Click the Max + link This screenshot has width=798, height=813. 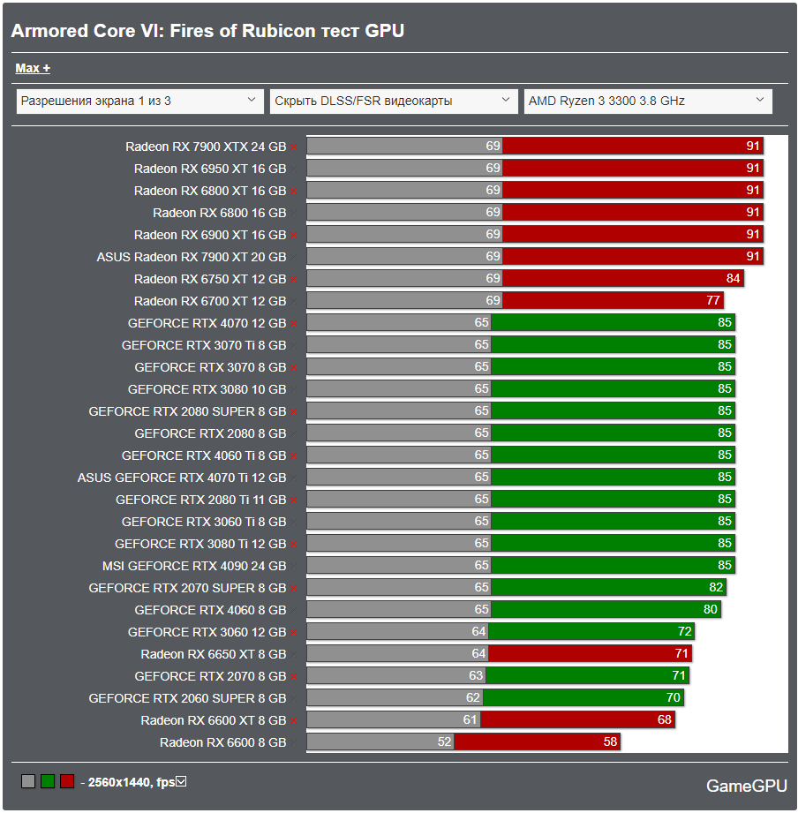[x=33, y=68]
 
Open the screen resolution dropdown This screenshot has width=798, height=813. [x=139, y=101]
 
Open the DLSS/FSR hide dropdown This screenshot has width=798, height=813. [x=393, y=101]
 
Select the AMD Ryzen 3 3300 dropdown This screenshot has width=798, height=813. [x=647, y=101]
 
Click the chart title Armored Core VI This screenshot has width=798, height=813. [x=207, y=31]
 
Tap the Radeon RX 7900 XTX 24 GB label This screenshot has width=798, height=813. [x=206, y=147]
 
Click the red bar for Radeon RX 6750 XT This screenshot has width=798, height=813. [x=622, y=279]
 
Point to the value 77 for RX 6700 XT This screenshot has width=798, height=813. [x=713, y=301]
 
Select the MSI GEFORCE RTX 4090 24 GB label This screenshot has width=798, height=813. [x=194, y=566]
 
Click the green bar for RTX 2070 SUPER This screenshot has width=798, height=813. [x=608, y=588]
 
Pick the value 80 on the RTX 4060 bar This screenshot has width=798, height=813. [x=711, y=610]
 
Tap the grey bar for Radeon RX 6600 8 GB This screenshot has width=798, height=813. [x=380, y=742]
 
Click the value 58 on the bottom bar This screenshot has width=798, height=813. [x=610, y=742]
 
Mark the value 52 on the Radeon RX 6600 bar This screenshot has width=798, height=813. [x=444, y=742]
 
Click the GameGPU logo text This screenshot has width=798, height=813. [x=747, y=786]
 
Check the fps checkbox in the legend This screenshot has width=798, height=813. [x=182, y=781]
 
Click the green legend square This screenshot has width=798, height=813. [x=48, y=781]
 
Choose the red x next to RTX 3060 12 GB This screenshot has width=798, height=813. [x=293, y=633]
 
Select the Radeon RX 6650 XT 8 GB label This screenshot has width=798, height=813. [x=214, y=654]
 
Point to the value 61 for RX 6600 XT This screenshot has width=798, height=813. [x=470, y=720]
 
